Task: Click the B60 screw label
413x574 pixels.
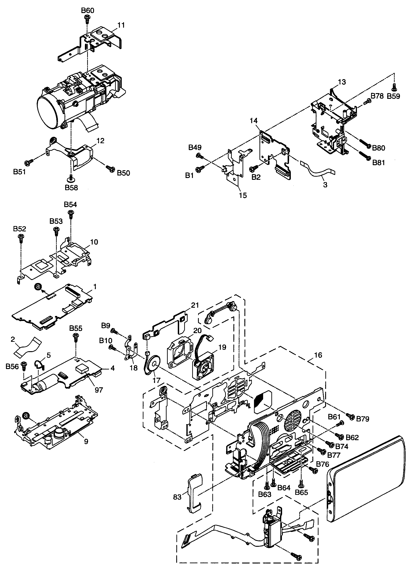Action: pyautogui.click(x=87, y=11)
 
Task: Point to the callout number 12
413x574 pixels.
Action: pyautogui.click(x=100, y=141)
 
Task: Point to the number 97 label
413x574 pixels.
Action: pyautogui.click(x=99, y=390)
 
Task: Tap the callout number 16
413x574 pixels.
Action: pyautogui.click(x=318, y=355)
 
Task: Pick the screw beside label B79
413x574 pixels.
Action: pyautogui.click(x=351, y=416)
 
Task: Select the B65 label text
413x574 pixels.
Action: pyautogui.click(x=301, y=492)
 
